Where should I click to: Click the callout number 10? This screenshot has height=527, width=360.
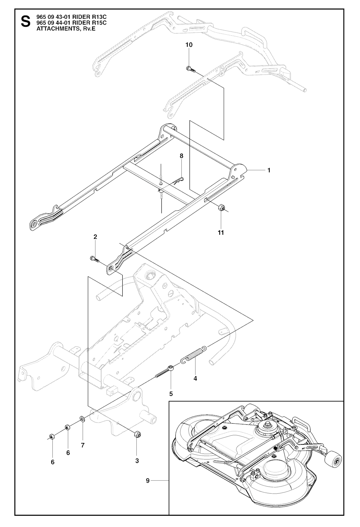click(189, 45)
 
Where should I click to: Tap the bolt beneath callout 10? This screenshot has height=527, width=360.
click(189, 69)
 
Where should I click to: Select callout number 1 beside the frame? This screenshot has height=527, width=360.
click(269, 170)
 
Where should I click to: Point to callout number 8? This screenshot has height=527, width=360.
click(181, 156)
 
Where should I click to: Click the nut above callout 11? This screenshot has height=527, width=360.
click(221, 207)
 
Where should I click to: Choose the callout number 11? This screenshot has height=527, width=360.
click(221, 232)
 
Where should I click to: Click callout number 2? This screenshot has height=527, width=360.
click(95, 237)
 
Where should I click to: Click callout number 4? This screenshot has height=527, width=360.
click(195, 379)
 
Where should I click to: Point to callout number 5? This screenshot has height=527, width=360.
click(171, 393)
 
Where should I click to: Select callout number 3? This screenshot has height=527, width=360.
click(137, 460)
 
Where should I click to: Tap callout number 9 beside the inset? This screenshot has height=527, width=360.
click(148, 480)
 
